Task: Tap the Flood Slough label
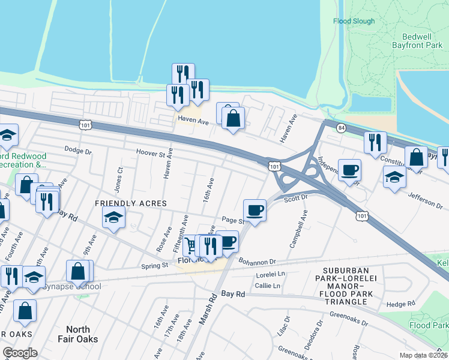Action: point(354,21)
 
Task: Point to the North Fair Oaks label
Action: point(77,334)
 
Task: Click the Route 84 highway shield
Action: point(340,128)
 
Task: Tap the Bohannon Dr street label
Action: point(256,262)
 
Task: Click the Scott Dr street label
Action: point(295,197)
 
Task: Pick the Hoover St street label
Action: point(154,152)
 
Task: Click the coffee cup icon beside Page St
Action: point(255,210)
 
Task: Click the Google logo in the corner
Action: point(20,353)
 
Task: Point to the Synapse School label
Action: point(67,286)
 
